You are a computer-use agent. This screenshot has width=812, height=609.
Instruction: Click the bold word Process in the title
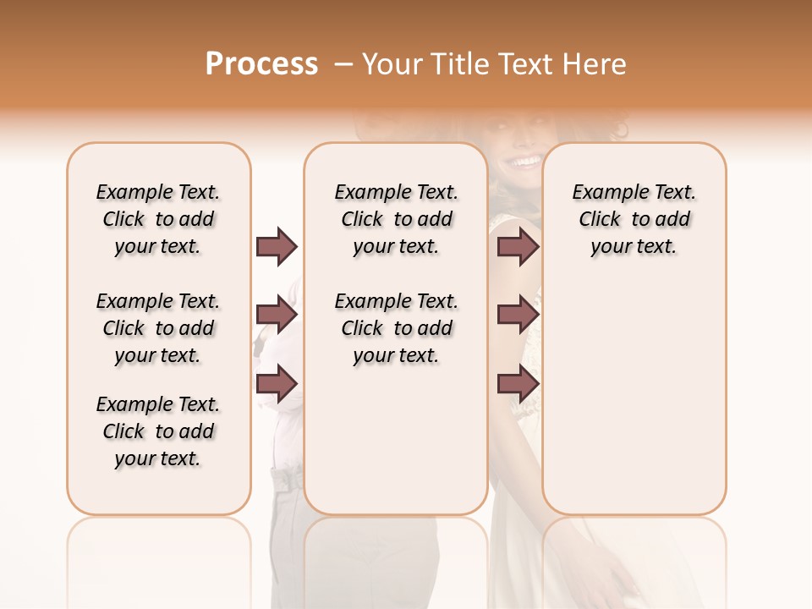click(261, 64)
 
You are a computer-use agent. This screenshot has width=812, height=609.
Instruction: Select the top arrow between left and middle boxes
click(277, 246)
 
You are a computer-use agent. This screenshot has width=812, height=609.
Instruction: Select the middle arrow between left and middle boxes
click(277, 315)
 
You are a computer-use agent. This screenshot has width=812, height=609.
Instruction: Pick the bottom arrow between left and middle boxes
click(277, 383)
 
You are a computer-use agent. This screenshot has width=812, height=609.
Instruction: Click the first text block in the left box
click(158, 219)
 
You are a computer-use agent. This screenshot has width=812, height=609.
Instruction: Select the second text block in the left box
click(158, 328)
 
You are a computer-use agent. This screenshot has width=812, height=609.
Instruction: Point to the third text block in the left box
click(158, 431)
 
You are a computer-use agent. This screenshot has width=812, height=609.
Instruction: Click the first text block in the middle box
click(396, 219)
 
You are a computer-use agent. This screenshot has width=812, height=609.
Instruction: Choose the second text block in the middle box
click(396, 328)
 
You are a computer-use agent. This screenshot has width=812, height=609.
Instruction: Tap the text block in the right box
click(634, 219)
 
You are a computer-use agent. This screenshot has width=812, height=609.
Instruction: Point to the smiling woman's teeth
click(526, 161)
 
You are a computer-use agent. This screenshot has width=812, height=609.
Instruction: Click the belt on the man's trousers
click(288, 480)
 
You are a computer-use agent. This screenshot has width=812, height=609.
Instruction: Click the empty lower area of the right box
click(634, 406)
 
